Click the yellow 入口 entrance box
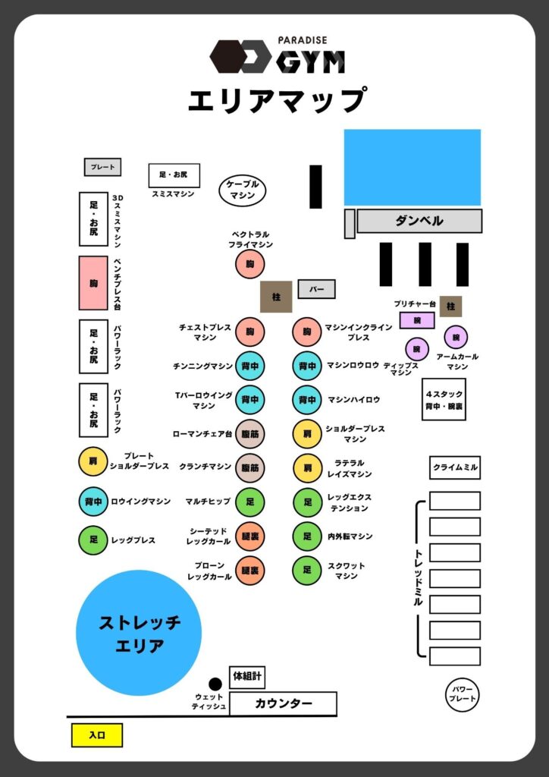tap(96, 735)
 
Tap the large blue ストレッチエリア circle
tap(139, 633)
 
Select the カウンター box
tap(283, 703)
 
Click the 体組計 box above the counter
tap(247, 676)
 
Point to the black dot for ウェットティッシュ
tap(215, 684)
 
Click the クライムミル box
tap(455, 467)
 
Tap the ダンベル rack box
tap(419, 221)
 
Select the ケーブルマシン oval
tap(243, 190)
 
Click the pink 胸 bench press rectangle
tap(93, 282)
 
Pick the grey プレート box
tap(102, 167)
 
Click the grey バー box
tap(316, 289)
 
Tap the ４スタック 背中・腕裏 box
tap(444, 399)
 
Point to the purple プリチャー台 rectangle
tap(417, 320)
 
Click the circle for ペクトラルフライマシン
tap(250, 264)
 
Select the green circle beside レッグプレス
tap(93, 540)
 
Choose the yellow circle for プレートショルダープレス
tap(93, 461)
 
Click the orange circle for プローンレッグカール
tap(250, 570)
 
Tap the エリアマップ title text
tap(277, 99)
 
